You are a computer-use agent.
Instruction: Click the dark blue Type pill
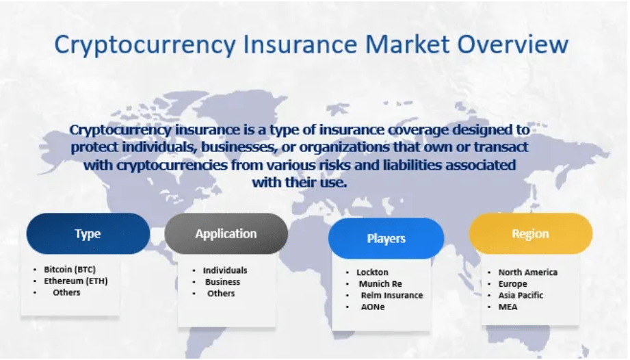(88, 233)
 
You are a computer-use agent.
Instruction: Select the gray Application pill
(226, 233)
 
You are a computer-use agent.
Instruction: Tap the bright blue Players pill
(386, 238)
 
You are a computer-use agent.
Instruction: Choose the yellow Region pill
(531, 233)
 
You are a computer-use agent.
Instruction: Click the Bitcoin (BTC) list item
(70, 269)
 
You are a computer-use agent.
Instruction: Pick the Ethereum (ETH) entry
(76, 281)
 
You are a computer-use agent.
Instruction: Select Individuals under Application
(225, 270)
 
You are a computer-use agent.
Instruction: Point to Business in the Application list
(222, 282)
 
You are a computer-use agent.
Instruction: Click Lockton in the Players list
(372, 272)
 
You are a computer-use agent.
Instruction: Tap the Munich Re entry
(380, 284)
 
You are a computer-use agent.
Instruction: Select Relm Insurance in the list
(392, 295)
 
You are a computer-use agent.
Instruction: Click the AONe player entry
(373, 307)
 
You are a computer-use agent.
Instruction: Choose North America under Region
(528, 272)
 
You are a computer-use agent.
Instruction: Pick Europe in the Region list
(512, 284)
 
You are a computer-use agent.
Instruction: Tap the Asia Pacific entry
(521, 295)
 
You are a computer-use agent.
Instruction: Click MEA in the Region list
(508, 307)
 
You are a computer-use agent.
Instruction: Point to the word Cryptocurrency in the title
(145, 45)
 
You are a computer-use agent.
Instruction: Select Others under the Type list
(67, 292)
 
